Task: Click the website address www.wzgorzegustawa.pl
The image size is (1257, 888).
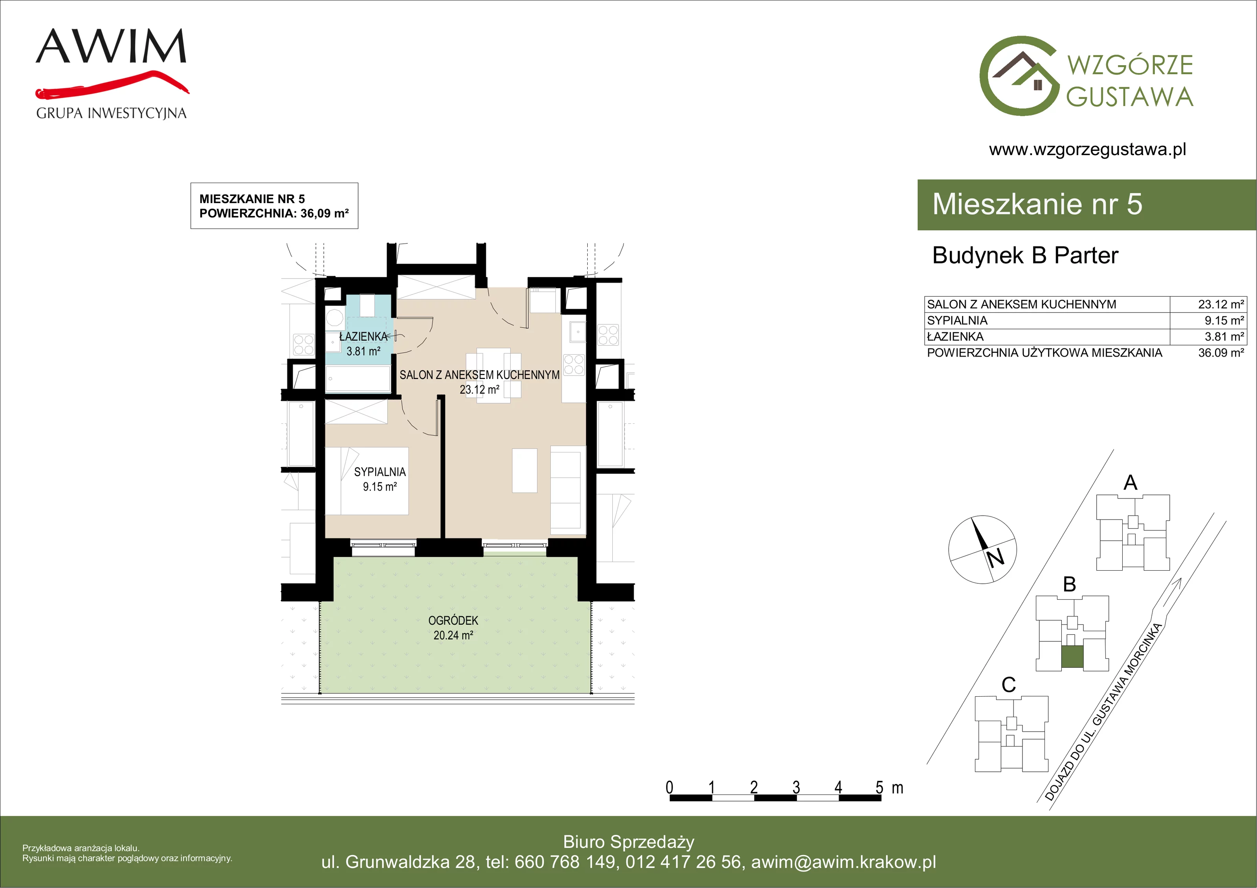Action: pos(1087,150)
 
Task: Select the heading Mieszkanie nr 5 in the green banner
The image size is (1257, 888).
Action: pos(1037,204)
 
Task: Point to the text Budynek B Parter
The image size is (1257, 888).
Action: pos(1025,256)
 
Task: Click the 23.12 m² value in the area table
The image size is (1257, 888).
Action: pos(1221,304)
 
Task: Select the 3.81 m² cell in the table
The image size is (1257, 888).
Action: pos(1224,337)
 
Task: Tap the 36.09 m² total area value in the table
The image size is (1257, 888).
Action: pos(1221,353)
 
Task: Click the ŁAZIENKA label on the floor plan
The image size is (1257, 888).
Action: pos(363,337)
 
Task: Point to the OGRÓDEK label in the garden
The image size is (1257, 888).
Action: pos(453,621)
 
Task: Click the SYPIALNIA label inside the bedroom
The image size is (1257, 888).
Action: pos(380,472)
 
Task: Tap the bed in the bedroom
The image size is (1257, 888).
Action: pos(367,481)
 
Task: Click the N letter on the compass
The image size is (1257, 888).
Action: pos(996,558)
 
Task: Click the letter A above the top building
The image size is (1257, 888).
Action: pos(1131,483)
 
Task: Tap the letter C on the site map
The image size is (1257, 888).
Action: pos(1008,685)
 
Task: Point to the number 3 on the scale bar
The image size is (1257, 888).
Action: pos(796,787)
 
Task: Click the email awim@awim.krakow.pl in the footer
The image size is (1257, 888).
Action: pos(844,862)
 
